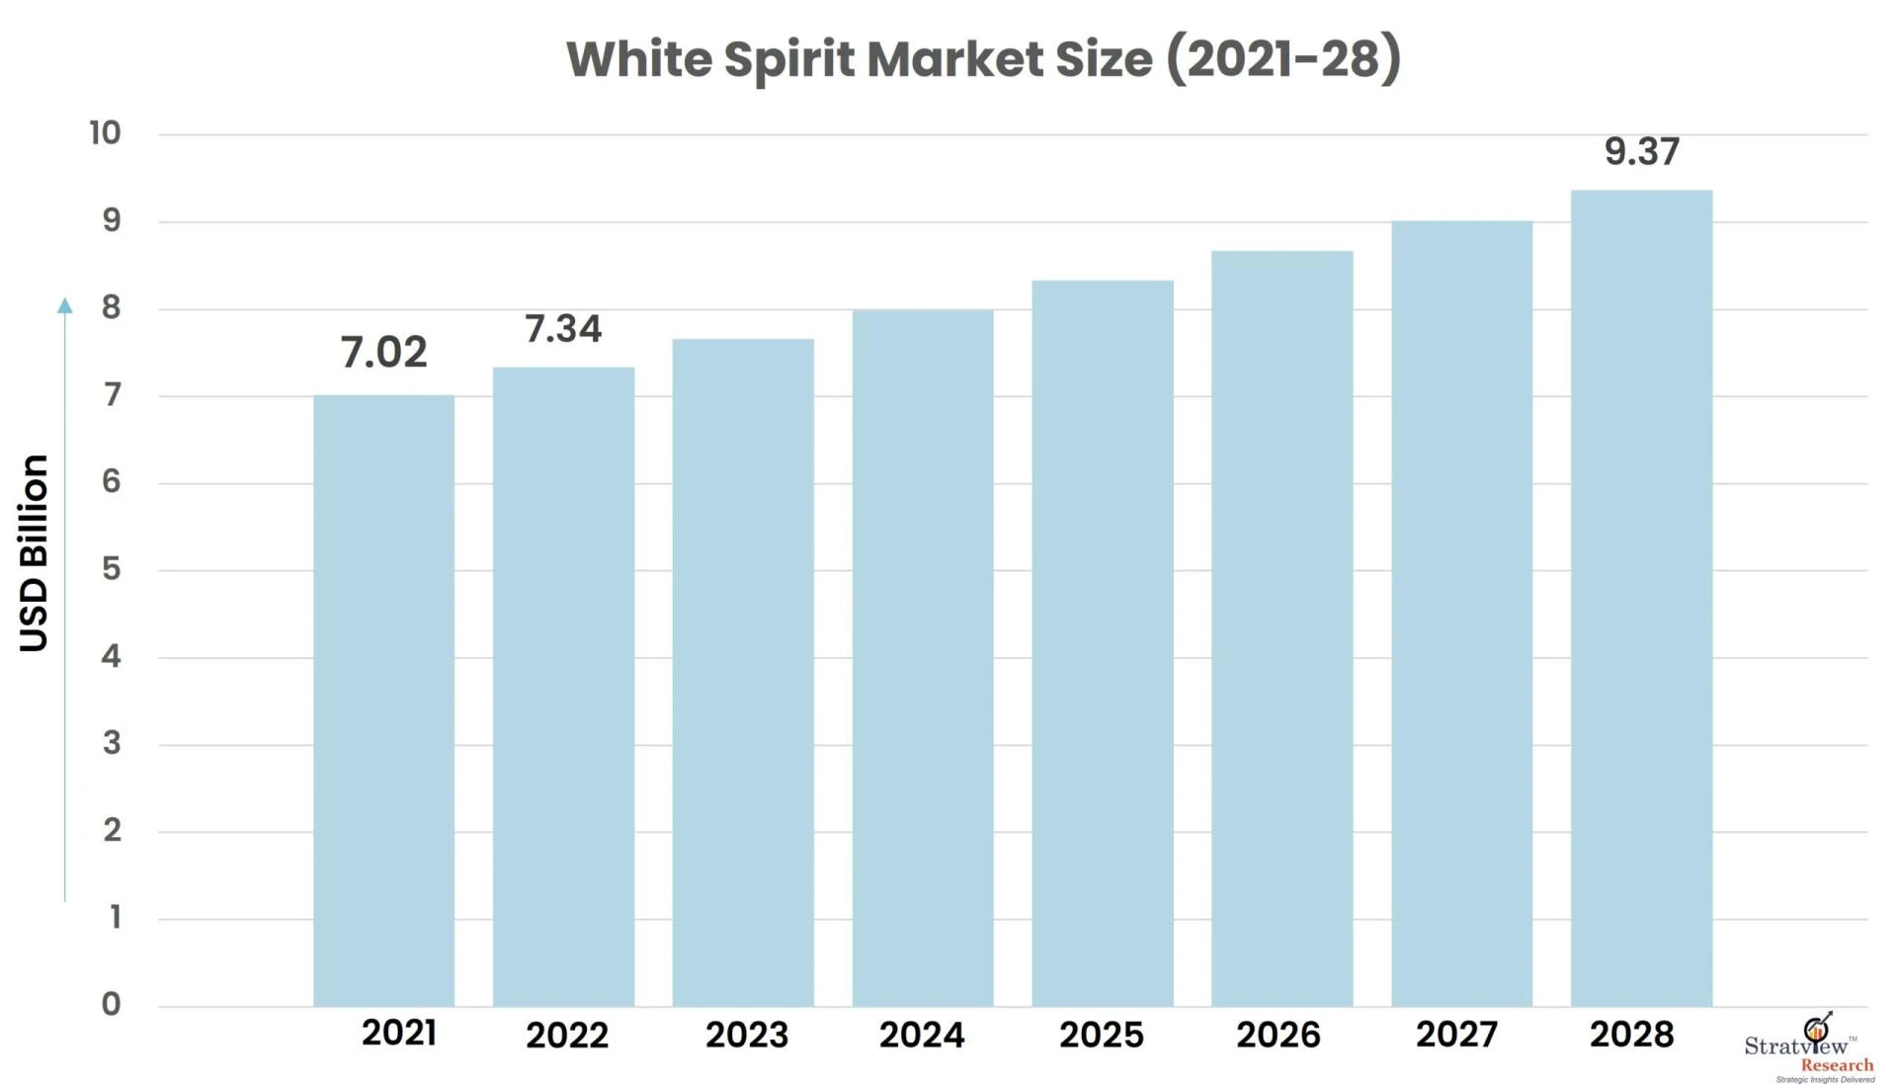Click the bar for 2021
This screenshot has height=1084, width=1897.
[383, 701]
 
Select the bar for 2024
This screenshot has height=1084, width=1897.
[923, 658]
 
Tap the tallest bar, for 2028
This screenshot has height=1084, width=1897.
[1641, 598]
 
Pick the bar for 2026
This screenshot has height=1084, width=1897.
[1281, 628]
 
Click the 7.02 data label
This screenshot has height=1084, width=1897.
[383, 353]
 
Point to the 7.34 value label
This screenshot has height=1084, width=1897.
[562, 329]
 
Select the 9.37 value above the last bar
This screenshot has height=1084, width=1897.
[1641, 152]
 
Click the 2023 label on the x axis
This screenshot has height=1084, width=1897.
[746, 1035]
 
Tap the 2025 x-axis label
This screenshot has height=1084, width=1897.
[1101, 1035]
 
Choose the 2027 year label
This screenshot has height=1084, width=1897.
[1456, 1035]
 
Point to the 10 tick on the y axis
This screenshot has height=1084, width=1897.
[105, 133]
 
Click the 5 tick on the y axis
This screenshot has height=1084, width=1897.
[111, 569]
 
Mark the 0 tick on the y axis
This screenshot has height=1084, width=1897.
[111, 1004]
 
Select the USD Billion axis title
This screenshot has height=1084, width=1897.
[34, 553]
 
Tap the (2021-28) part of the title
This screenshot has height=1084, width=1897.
[1282, 59]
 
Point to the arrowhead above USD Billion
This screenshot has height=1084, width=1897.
[65, 305]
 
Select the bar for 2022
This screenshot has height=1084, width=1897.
[563, 687]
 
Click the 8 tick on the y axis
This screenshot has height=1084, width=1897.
[111, 308]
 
